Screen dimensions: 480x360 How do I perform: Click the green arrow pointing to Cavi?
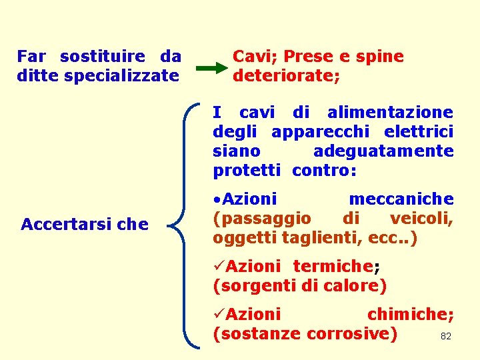tap(212, 68)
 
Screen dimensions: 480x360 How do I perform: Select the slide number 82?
tap(446, 337)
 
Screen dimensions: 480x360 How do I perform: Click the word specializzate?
tap(121, 75)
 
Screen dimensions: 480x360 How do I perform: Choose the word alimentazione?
tap(390, 113)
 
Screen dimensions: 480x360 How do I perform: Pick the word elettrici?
tap(423, 132)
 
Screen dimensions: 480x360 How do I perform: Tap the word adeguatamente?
tap(383, 151)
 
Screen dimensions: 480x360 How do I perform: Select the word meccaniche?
tap(401, 199)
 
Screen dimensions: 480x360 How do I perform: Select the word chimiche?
tap(409, 314)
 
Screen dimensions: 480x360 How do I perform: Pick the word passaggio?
tap(262, 219)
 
